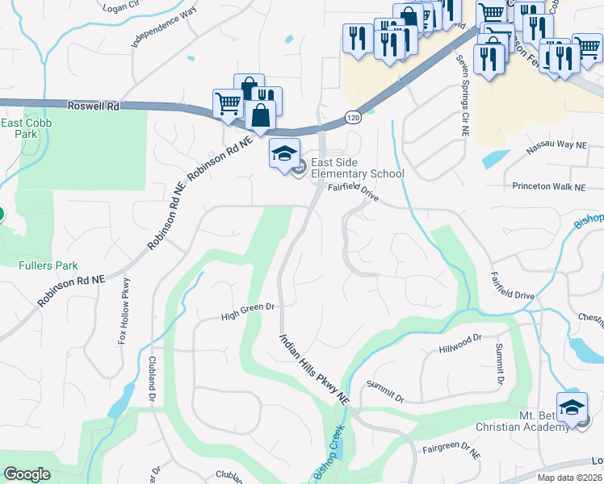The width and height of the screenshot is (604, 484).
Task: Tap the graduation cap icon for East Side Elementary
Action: (284, 153)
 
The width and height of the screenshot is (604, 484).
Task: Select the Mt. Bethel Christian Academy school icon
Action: (572, 407)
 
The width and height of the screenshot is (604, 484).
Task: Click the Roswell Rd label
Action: (94, 106)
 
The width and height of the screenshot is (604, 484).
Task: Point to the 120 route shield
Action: (353, 119)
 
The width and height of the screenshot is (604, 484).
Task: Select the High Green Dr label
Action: (249, 308)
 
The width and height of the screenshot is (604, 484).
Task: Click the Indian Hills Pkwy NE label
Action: (314, 369)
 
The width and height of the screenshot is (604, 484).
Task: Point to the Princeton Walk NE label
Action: (548, 186)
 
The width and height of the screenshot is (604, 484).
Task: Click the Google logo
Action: (27, 474)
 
